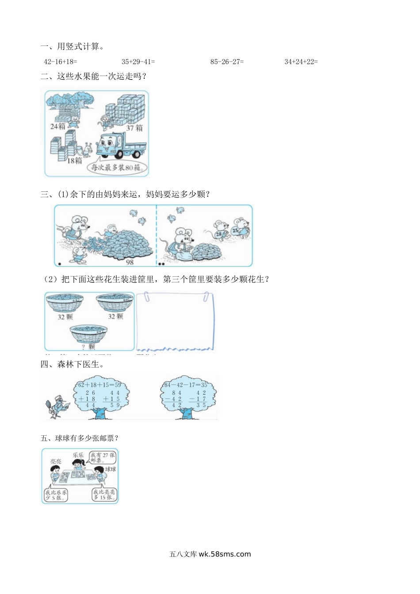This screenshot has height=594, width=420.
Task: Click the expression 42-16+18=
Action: [x=60, y=62]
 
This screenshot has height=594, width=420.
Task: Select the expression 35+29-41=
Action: [x=138, y=62]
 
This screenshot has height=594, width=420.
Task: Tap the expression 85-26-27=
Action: [x=227, y=62]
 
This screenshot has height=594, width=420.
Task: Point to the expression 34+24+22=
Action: [x=301, y=62]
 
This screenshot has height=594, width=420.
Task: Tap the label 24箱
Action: [x=58, y=126]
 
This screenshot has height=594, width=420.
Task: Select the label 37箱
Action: [x=134, y=128]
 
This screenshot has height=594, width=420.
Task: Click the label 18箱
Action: [x=74, y=160]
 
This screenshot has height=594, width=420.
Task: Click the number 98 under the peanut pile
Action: [x=130, y=262]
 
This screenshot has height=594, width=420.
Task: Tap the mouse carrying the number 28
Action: [x=220, y=230]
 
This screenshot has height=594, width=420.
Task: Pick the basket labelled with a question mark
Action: [x=88, y=334]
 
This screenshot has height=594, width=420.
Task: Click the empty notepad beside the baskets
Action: [x=175, y=321]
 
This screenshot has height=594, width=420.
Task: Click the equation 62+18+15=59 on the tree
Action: [x=99, y=385]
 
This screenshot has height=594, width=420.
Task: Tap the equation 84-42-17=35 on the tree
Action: [x=186, y=385]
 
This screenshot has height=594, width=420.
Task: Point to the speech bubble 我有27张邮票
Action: [x=102, y=457]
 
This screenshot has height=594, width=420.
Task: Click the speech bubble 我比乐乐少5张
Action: [x=56, y=495]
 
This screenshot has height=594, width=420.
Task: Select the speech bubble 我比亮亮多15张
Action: [x=104, y=495]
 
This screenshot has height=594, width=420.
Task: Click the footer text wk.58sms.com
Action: [x=225, y=554]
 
